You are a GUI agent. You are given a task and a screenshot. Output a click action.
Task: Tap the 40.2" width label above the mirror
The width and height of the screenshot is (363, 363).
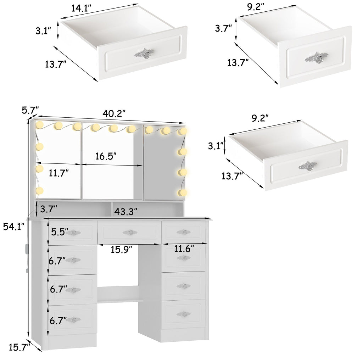point(114,113)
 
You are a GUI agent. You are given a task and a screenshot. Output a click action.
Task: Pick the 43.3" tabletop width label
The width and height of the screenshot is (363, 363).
point(126,211)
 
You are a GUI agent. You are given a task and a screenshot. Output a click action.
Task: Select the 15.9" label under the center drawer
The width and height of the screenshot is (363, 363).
point(121,250)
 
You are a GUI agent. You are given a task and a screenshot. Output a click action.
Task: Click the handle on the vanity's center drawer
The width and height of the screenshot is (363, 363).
point(129,232)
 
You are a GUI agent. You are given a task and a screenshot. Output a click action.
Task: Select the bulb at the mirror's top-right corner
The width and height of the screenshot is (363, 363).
point(183,132)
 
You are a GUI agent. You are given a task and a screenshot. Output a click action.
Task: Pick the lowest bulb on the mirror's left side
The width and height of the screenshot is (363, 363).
point(39,191)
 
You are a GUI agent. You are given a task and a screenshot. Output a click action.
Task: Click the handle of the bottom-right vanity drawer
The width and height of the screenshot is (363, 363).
point(183,314)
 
